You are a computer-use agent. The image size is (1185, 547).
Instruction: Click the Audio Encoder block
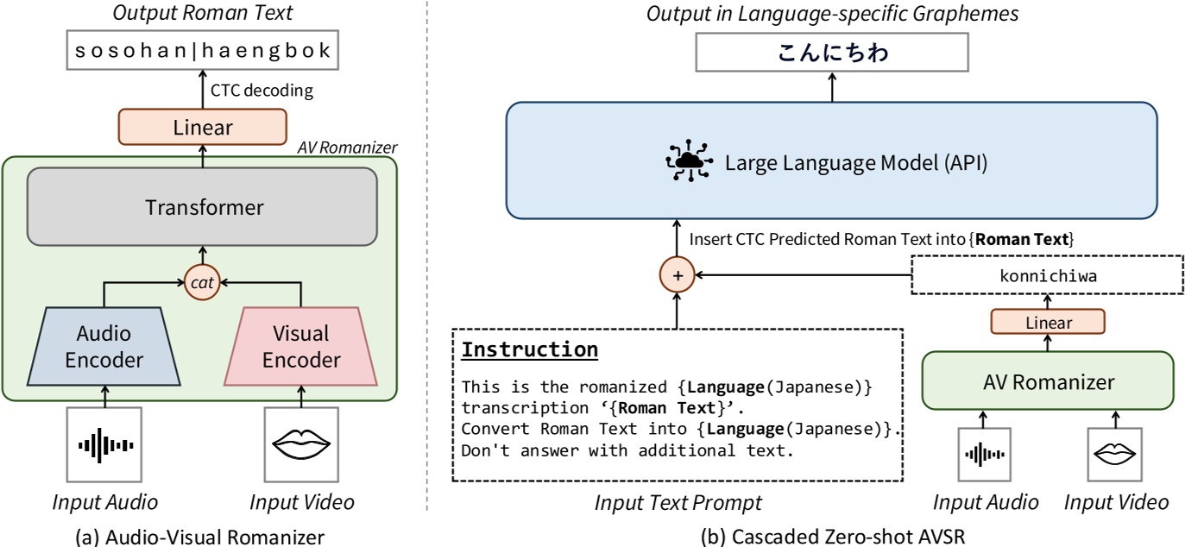click(x=103, y=348)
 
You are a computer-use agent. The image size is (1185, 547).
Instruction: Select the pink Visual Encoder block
click(x=300, y=348)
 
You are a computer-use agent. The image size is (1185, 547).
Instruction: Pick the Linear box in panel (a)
click(x=203, y=128)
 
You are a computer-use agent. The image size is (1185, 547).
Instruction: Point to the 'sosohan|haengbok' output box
click(x=203, y=52)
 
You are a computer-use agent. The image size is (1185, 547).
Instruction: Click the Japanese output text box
click(x=834, y=54)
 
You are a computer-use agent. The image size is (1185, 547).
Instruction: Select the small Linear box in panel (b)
click(x=1049, y=323)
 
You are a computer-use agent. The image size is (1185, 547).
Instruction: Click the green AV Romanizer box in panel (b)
click(x=1049, y=380)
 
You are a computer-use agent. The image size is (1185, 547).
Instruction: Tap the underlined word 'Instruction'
click(x=529, y=349)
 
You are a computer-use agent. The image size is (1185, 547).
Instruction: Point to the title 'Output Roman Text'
click(x=203, y=14)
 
